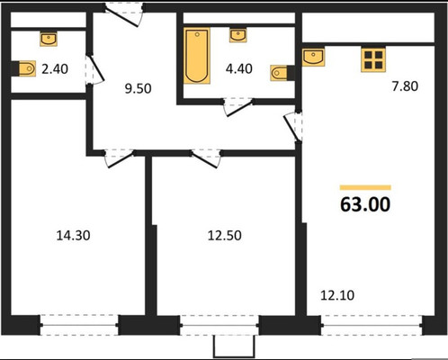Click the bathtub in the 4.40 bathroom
tap(197, 56)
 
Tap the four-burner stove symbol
tap(373, 60)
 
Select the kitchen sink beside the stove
tap(313, 57)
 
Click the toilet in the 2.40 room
tap(27, 68)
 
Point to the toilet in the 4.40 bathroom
tap(279, 73)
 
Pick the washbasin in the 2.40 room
tap(49, 39)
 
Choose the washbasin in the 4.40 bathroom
tap(238, 35)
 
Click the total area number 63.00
tap(365, 204)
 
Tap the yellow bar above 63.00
tap(365, 187)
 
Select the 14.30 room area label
tap(73, 236)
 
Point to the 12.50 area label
tap(225, 236)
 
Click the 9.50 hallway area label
tap(138, 89)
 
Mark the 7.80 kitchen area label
tap(405, 86)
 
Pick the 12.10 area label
tap(337, 295)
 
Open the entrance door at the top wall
tap(124, 15)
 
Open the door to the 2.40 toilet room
tap(94, 69)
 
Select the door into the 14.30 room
tap(120, 157)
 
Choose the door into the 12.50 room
tap(206, 158)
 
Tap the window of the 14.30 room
tap(79, 325)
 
